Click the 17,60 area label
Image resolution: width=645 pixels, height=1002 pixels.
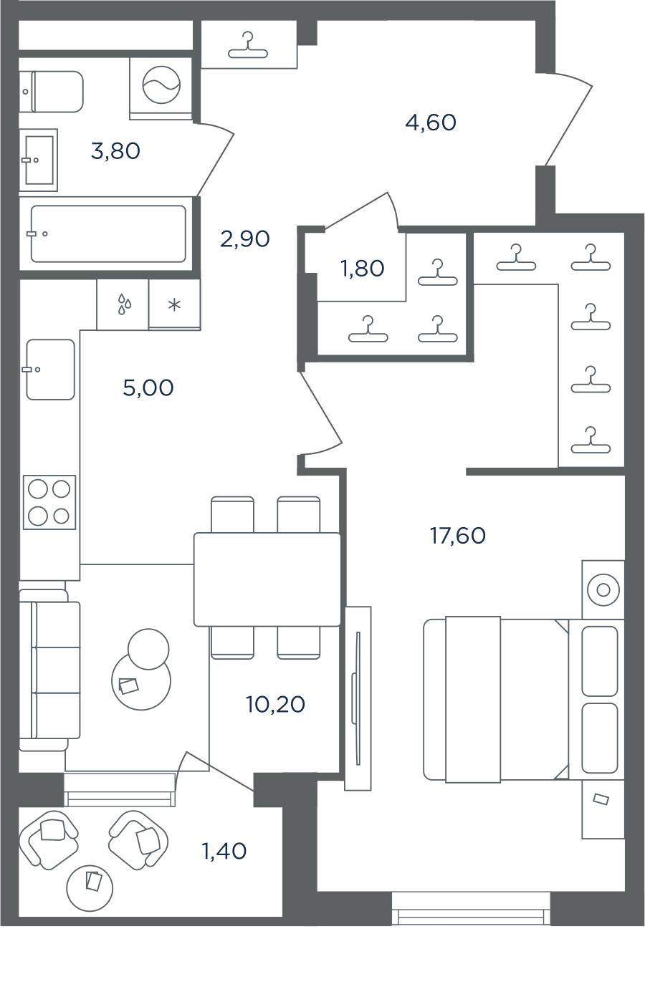point(458,536)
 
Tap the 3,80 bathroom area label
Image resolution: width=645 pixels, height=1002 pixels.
point(115,151)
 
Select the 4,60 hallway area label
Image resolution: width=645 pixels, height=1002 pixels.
point(431,122)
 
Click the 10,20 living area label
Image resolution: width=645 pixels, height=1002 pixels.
point(275,704)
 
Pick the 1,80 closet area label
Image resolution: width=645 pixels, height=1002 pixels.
point(362,269)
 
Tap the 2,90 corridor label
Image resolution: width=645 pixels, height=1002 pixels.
point(245,239)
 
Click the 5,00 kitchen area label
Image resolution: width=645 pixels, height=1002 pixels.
point(148,387)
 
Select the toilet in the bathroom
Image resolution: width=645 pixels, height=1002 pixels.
point(51,92)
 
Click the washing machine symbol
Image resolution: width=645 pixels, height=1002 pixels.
point(161,85)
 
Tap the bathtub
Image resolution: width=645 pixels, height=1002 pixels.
point(108,233)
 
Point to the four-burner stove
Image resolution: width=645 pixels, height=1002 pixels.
point(49,502)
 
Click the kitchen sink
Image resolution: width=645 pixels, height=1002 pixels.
point(50,370)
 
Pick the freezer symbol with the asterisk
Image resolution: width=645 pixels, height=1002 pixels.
point(174,305)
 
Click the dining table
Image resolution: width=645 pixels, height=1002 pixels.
point(267,579)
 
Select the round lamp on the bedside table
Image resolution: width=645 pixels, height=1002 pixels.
point(603,590)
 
